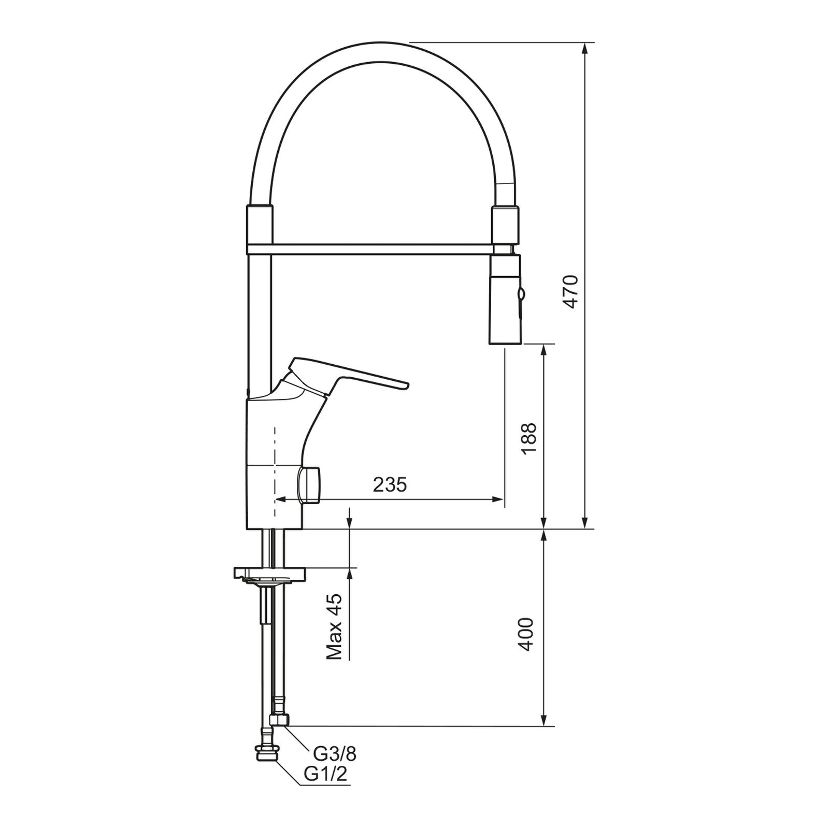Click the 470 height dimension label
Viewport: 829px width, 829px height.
coord(570,292)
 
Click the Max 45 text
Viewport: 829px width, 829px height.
coord(334,626)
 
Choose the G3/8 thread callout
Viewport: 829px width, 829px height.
coord(335,752)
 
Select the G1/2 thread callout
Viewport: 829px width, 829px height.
coord(325,774)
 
